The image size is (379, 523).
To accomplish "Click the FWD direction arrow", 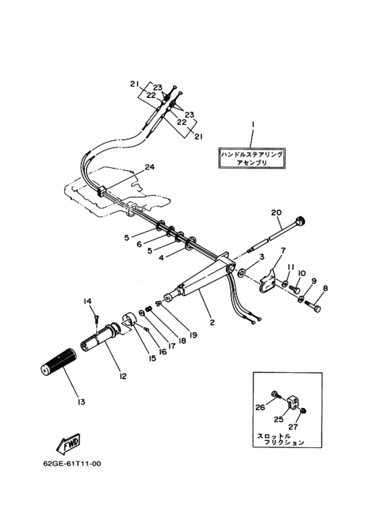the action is [68, 444].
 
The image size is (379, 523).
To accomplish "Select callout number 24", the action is [149, 166].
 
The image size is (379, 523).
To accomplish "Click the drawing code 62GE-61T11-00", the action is [72, 463].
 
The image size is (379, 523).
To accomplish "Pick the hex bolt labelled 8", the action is [313, 306].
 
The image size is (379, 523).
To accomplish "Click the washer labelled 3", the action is [241, 273].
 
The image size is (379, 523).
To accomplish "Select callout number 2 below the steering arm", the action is [213, 323].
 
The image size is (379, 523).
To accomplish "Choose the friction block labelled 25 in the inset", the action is [292, 402].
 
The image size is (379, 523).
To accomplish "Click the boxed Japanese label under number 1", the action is [252, 158].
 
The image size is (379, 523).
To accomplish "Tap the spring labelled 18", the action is [150, 309].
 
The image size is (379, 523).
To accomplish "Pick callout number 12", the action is [122, 376].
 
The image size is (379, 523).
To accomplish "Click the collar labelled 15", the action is [129, 319].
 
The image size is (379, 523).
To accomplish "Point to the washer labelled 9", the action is [301, 299].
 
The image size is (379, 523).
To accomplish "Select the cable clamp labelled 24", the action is [101, 191].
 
